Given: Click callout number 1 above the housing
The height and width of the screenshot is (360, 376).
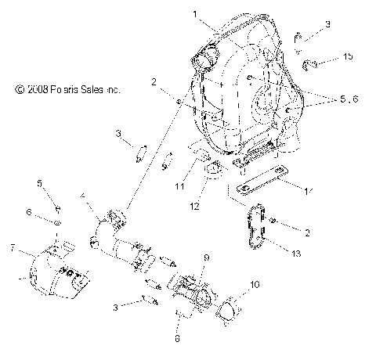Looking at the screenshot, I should (x=193, y=14).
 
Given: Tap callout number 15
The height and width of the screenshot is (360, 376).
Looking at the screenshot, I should (x=348, y=57).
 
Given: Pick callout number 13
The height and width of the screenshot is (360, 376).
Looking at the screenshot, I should (x=295, y=253).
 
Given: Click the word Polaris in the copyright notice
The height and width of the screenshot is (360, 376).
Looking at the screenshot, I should (x=64, y=90).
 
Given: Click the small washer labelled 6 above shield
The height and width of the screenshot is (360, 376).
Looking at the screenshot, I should (x=59, y=221).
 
